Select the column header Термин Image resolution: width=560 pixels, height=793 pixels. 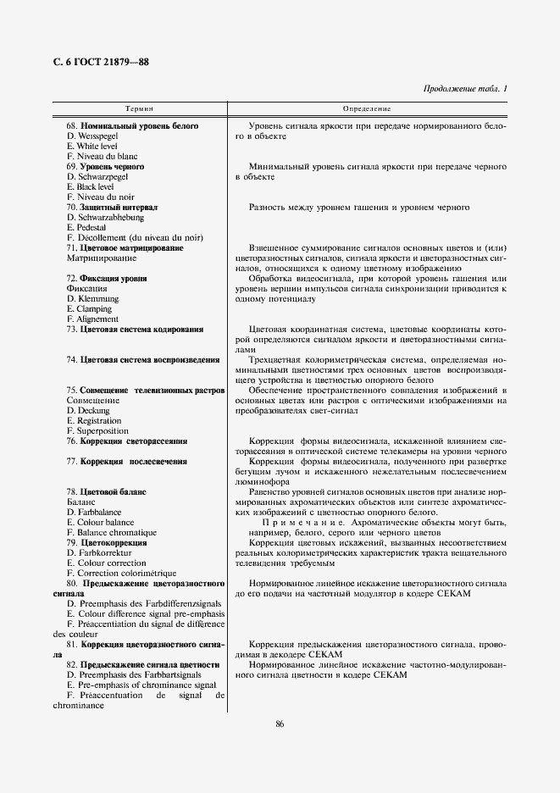click(x=139, y=109)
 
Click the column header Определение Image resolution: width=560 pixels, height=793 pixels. click(x=366, y=109)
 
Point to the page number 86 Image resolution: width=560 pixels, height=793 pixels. click(x=280, y=723)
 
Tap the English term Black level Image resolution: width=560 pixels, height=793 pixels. click(x=95, y=186)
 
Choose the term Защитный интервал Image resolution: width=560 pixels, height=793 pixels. click(x=119, y=207)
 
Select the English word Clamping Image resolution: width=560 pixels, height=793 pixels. click(x=93, y=308)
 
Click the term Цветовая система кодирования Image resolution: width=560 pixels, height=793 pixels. click(x=141, y=330)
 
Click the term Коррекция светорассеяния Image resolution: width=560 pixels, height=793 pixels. click(x=133, y=441)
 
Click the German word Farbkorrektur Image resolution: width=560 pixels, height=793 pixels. click(x=103, y=552)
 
